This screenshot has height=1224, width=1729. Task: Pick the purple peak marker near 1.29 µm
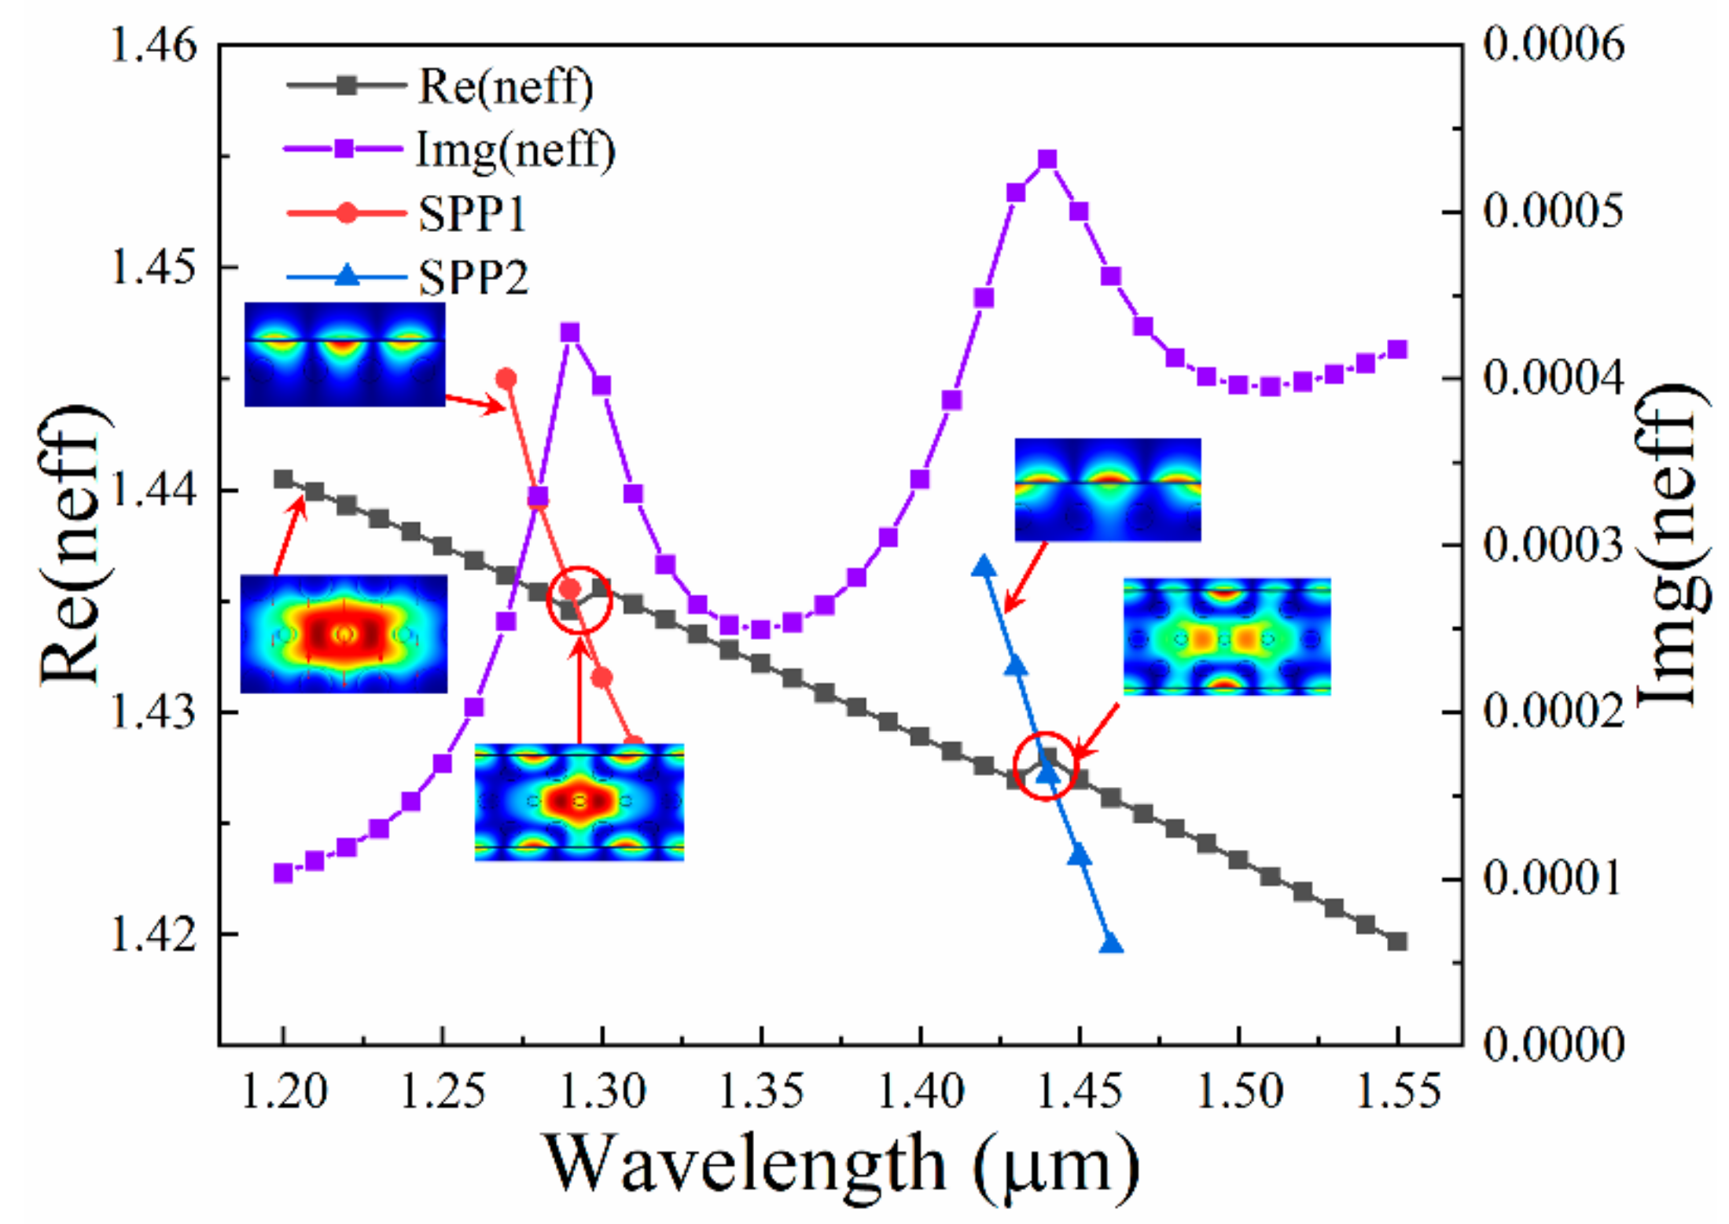(570, 333)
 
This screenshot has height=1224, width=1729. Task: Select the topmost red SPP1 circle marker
(506, 379)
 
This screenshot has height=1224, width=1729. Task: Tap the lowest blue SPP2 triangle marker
(1110, 943)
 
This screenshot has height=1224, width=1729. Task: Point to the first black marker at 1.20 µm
(283, 479)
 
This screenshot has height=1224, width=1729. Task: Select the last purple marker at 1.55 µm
(1397, 350)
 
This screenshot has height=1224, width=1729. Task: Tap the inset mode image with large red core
(344, 634)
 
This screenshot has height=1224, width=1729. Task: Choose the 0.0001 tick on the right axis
(1553, 878)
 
